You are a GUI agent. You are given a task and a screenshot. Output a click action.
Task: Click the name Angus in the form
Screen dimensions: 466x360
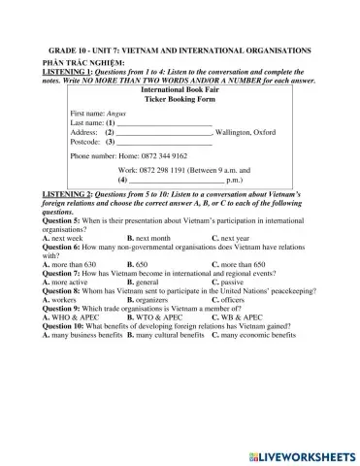tap(116, 115)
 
